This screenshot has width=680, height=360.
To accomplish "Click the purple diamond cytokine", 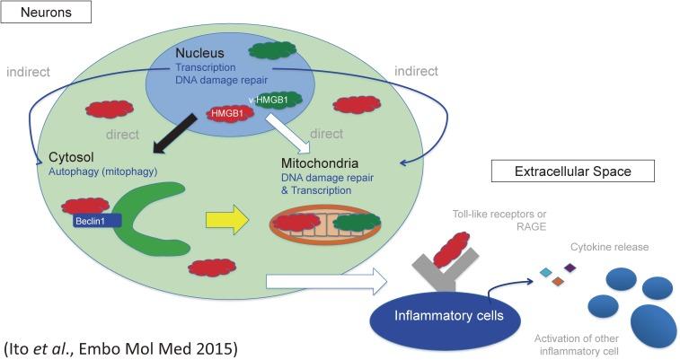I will (x=570, y=268).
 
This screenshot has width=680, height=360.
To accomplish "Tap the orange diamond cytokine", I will (x=558, y=283).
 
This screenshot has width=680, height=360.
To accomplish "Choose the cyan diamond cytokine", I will (x=544, y=272).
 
